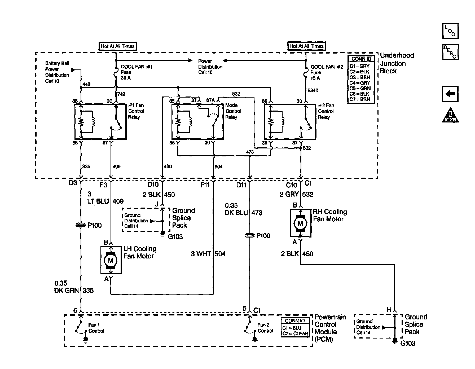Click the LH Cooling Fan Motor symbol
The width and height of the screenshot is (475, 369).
click(x=111, y=260)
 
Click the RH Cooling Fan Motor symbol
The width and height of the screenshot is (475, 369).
click(x=300, y=223)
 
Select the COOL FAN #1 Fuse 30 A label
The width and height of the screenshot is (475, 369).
click(x=137, y=72)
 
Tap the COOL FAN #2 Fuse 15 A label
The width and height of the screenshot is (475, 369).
click(x=327, y=72)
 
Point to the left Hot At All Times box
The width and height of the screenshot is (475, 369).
click(x=118, y=46)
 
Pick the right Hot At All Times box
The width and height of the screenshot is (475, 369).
click(x=306, y=46)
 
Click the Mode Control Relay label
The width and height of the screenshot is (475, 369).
click(x=233, y=111)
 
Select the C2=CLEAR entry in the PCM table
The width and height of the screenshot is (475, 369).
click(x=295, y=333)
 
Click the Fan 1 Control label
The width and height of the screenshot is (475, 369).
click(x=96, y=328)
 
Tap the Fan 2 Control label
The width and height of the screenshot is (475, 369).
click(x=265, y=328)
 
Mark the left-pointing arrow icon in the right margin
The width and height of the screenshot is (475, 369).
click(x=450, y=94)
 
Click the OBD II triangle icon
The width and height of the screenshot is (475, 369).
click(x=450, y=115)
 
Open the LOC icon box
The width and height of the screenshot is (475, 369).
click(x=450, y=31)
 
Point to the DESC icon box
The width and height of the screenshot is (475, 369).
click(x=450, y=52)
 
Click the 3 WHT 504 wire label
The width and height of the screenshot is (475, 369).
click(x=208, y=254)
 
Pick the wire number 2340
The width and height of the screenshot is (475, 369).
click(x=313, y=90)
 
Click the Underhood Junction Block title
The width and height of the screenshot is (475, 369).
click(x=397, y=63)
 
